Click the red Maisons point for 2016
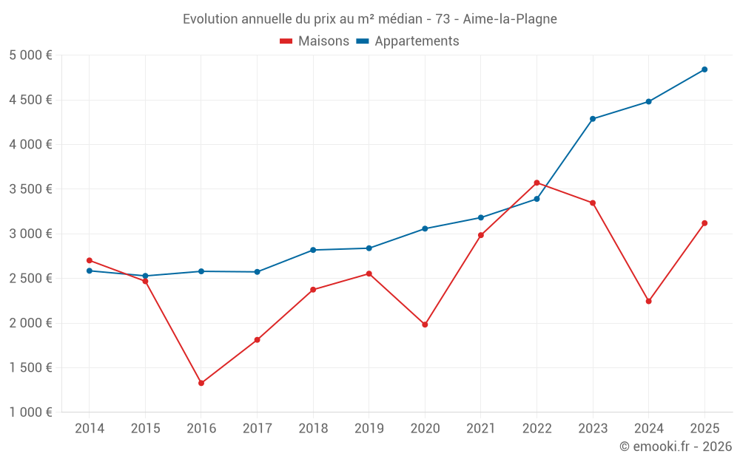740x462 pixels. tap(201, 383)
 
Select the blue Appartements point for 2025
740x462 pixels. tap(704, 69)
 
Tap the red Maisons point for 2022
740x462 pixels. tap(536, 183)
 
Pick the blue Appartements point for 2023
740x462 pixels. tap(593, 119)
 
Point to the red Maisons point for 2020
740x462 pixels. tap(425, 325)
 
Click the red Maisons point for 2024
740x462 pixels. tap(649, 301)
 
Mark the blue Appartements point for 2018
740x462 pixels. tap(313, 250)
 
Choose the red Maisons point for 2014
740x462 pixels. tap(90, 260)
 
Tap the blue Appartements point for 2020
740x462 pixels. tap(425, 228)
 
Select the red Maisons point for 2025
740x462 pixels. tap(704, 223)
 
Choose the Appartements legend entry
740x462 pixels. tap(408, 41)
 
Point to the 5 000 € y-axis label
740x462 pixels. tap(31, 55)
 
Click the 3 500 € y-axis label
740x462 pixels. tap(31, 189)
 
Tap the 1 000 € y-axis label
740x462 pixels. tap(31, 412)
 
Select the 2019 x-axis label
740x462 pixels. tap(369, 429)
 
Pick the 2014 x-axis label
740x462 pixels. tap(90, 429)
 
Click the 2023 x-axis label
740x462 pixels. tap(593, 429)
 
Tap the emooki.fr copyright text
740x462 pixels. tap(676, 446)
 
